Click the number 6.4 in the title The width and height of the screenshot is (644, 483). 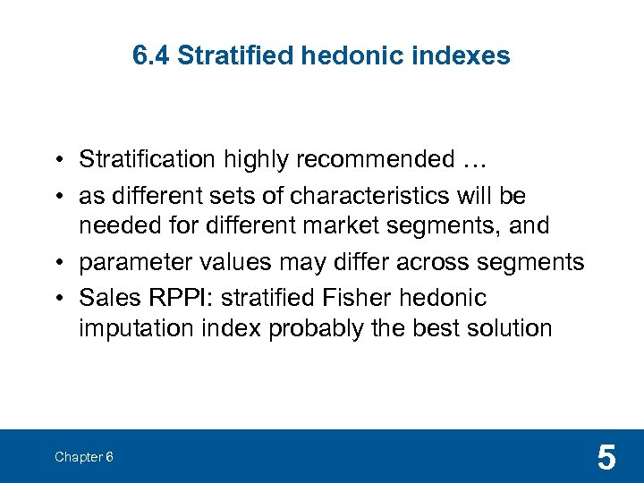151,56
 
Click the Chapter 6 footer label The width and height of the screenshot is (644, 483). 83,457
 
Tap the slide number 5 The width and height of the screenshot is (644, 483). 606,458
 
